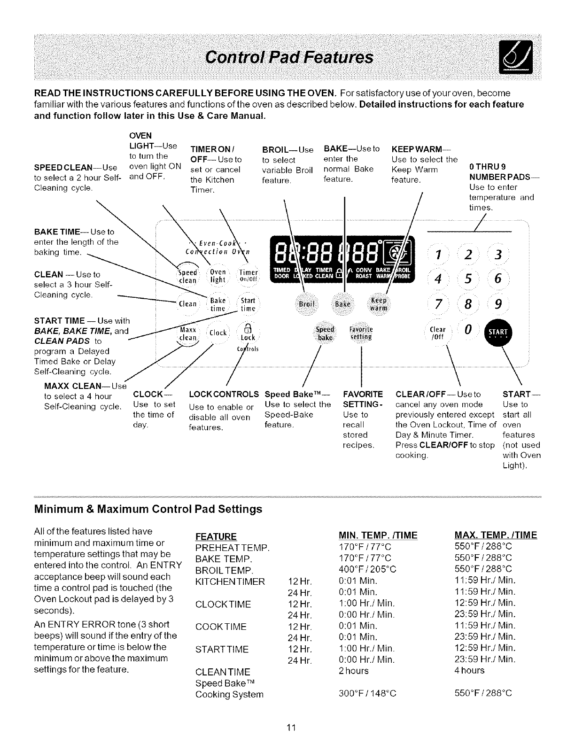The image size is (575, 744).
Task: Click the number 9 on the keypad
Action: [x=498, y=305]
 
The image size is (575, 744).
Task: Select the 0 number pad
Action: [x=467, y=331]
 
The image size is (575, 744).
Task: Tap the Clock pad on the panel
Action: [x=218, y=333]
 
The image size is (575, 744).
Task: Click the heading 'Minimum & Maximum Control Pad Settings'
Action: [x=148, y=509]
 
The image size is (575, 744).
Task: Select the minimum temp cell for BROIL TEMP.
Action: [x=367, y=569]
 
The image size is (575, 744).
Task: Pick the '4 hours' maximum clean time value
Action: [x=469, y=670]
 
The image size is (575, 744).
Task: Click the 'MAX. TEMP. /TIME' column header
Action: [x=496, y=535]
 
